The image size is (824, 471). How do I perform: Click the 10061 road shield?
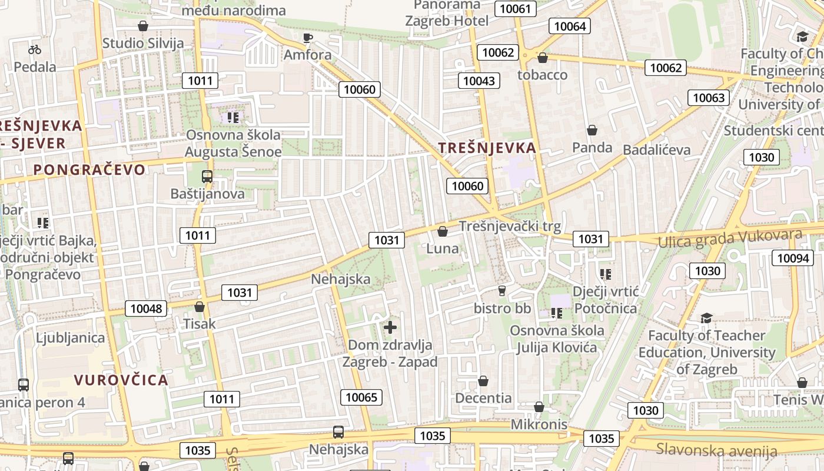pyautogui.click(x=516, y=8)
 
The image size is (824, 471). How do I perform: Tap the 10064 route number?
pyautogui.click(x=570, y=26)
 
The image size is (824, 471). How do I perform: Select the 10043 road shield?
pyautogui.click(x=479, y=81)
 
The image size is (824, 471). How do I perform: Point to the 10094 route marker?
pyautogui.click(x=793, y=258)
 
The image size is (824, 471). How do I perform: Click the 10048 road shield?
pyautogui.click(x=145, y=309)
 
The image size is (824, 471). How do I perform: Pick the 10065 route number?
pyautogui.click(x=361, y=397)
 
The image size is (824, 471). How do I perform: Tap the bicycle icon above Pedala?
pyautogui.click(x=35, y=49)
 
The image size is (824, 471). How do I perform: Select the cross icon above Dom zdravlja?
pyautogui.click(x=390, y=327)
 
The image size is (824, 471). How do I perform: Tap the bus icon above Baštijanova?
pyautogui.click(x=207, y=176)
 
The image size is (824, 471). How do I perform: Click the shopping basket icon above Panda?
pyautogui.click(x=592, y=130)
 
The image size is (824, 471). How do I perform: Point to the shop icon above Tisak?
pyautogui.click(x=200, y=307)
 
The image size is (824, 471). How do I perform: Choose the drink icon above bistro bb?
pyautogui.click(x=502, y=290)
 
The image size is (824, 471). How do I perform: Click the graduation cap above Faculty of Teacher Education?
pyautogui.click(x=706, y=319)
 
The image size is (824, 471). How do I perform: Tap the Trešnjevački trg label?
pyautogui.click(x=510, y=226)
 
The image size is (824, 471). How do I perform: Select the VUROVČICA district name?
pyautogui.click(x=121, y=380)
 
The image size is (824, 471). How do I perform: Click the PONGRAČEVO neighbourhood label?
pyautogui.click(x=89, y=170)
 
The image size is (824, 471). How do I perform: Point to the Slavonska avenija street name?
pyautogui.click(x=717, y=450)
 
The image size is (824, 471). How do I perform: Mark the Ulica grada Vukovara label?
pyautogui.click(x=730, y=238)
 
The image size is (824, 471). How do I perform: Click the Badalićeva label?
pyautogui.click(x=656, y=150)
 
